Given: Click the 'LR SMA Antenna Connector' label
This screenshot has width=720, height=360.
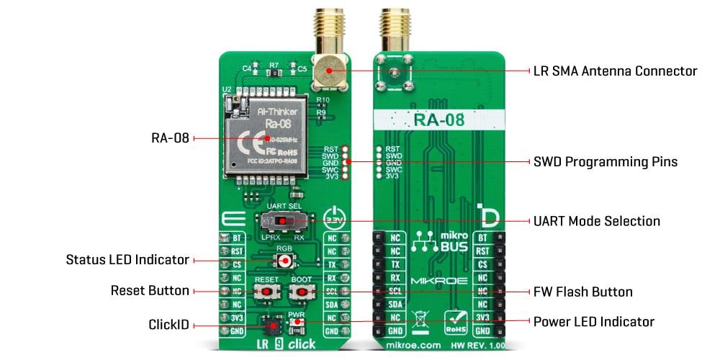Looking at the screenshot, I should (x=615, y=71).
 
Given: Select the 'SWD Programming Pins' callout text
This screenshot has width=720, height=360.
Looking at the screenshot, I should (x=606, y=161).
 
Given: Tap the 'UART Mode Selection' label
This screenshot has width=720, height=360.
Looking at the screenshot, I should (x=596, y=220).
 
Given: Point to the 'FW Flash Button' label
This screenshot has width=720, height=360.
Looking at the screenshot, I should (x=582, y=292).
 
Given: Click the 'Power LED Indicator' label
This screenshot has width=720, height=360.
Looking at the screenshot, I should (x=593, y=321).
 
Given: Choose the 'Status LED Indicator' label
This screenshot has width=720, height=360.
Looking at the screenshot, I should (x=127, y=259).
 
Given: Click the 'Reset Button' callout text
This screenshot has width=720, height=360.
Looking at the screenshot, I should (x=150, y=291).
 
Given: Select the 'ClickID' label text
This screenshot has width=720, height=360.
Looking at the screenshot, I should (x=170, y=325).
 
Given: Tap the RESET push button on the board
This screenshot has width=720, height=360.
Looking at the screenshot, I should (x=266, y=292).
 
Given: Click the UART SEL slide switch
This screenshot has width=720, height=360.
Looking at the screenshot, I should (x=282, y=220).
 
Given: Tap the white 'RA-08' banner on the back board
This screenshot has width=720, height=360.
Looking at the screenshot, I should (x=438, y=120).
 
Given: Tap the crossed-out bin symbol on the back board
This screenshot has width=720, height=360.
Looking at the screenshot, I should (x=421, y=318).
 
